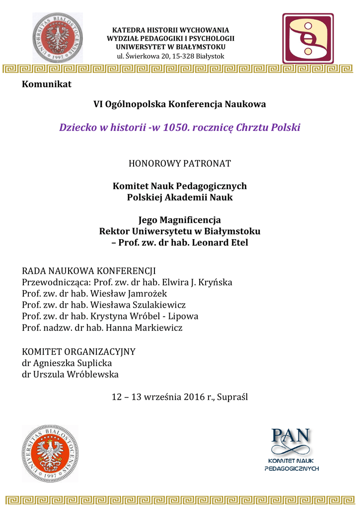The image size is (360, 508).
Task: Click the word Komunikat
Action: (47, 84)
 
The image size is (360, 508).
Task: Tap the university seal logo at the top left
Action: (58, 38)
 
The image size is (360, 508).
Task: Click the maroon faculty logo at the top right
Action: (308, 39)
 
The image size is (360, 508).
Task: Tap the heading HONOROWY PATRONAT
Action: (180, 163)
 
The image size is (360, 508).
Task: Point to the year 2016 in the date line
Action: (194, 397)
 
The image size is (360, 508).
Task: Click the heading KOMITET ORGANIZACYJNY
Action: (79, 352)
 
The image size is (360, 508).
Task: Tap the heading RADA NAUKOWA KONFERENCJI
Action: (89, 271)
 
